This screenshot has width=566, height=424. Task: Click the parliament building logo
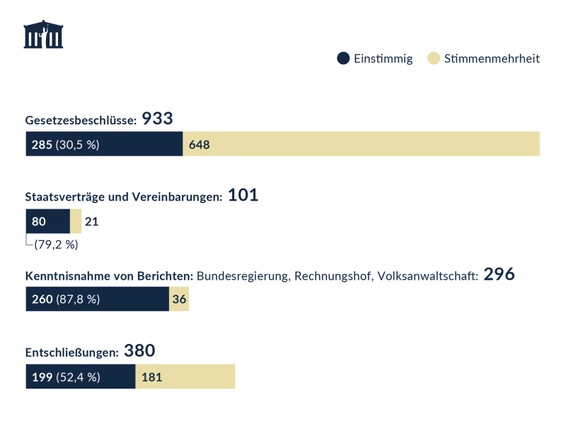pyautogui.click(x=43, y=35)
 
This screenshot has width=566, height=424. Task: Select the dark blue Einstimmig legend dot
pyautogui.click(x=343, y=59)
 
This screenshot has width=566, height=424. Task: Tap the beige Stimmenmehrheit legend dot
pyautogui.click(x=434, y=59)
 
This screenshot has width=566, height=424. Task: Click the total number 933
pyautogui.click(x=158, y=119)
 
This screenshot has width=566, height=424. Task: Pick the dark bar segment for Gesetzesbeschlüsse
pyautogui.click(x=104, y=144)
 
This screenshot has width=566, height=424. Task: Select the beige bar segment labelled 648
pyautogui.click(x=361, y=144)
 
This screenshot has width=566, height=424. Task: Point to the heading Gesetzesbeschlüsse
pyautogui.click(x=81, y=121)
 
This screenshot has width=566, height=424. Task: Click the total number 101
pyautogui.click(x=243, y=196)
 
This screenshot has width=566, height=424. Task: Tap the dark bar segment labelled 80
pyautogui.click(x=47, y=222)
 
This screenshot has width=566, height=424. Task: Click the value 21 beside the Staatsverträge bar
pyautogui.click(x=91, y=222)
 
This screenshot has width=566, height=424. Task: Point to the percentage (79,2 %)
pyautogui.click(x=56, y=245)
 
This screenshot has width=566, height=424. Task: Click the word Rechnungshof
pyautogui.click(x=331, y=276)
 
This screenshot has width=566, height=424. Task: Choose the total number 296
pyautogui.click(x=499, y=274)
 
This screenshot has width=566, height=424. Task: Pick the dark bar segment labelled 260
pyautogui.click(x=97, y=299)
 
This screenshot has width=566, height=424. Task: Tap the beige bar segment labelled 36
pyautogui.click(x=179, y=299)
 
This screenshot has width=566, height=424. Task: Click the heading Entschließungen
pyautogui.click(x=71, y=353)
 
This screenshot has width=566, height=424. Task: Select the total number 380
pyautogui.click(x=139, y=351)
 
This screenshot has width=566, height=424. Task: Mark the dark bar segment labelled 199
pyautogui.click(x=80, y=377)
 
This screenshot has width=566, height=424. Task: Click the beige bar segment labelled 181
pyautogui.click(x=185, y=377)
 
